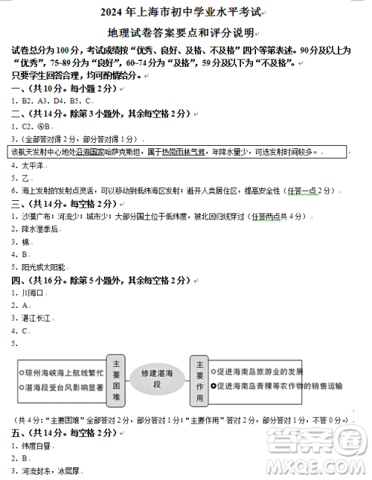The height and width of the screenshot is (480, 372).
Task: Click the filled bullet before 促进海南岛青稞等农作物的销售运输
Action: coord(214,386)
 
